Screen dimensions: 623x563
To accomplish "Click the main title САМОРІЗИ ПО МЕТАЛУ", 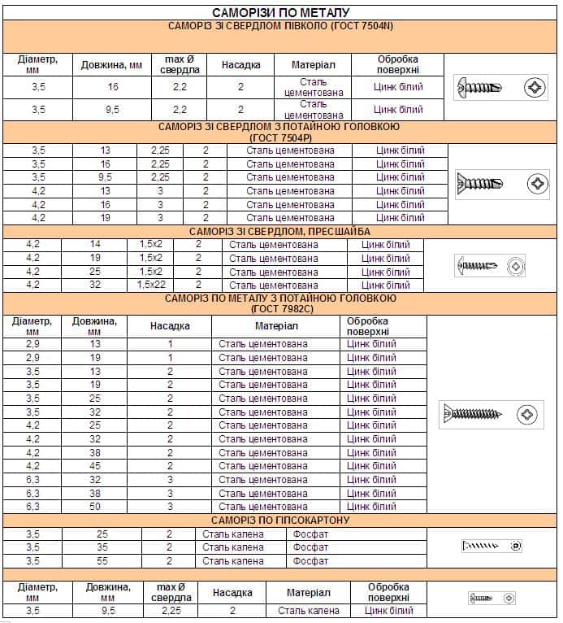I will point(280,13).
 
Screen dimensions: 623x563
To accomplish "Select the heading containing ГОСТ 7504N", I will point(280,26).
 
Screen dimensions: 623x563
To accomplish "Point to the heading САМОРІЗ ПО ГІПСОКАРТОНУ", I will point(280,520).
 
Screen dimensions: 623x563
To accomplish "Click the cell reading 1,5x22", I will point(149,285).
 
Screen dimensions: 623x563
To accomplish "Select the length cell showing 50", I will point(95,507).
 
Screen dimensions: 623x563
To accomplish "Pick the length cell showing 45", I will point(95,466).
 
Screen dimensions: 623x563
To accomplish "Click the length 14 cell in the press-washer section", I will point(95,245).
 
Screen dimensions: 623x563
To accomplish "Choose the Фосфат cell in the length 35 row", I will point(310,547).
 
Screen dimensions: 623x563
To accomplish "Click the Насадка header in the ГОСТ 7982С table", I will point(170,326).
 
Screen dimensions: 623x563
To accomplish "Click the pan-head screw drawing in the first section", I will point(485,87).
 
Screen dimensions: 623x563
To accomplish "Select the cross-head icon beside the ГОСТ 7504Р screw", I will point(538,184).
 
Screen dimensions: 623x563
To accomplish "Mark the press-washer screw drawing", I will point(478,265).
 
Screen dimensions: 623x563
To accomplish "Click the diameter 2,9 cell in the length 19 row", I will point(32,358).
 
